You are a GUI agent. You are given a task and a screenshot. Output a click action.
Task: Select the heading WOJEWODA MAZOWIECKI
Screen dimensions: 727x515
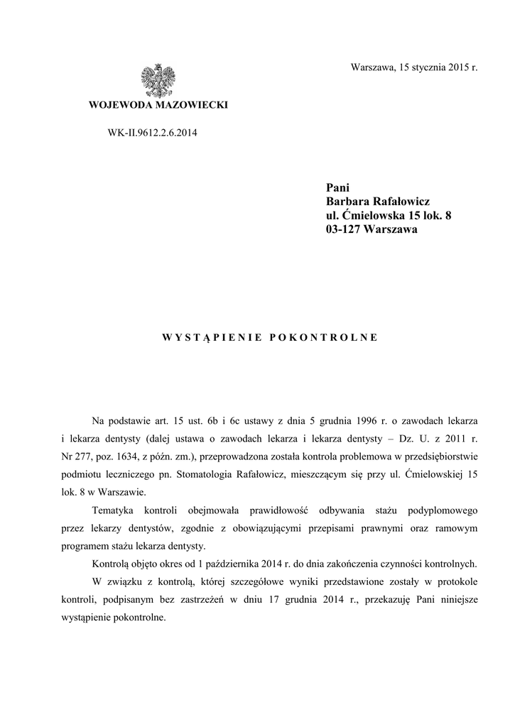(158, 106)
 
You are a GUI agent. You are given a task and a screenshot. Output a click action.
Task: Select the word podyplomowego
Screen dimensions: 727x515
(445, 510)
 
